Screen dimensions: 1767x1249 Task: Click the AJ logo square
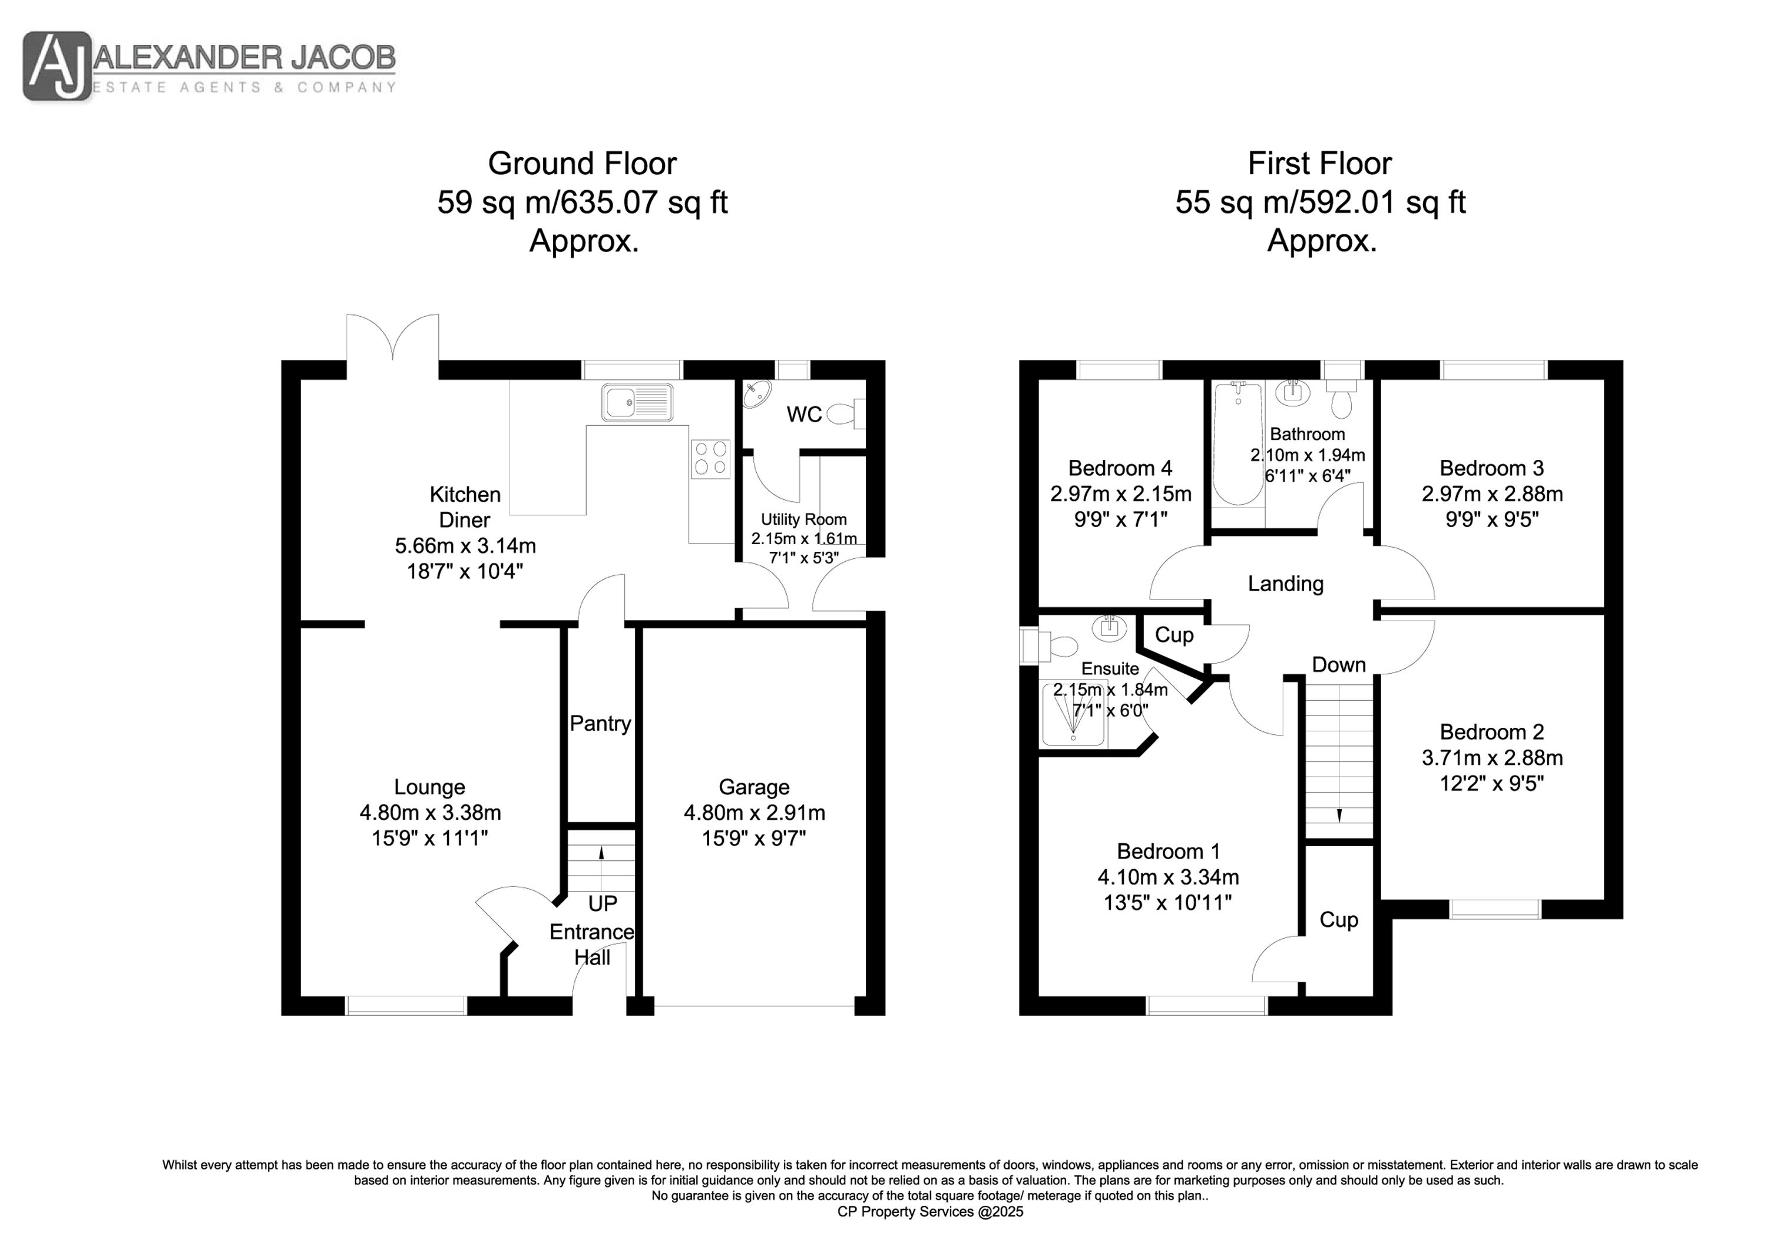(x=57, y=66)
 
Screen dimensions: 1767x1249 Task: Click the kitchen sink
(x=637, y=402)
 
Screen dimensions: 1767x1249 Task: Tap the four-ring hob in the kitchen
(x=711, y=458)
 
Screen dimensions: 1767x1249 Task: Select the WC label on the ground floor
(x=804, y=415)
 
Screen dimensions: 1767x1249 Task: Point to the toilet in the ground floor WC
(x=846, y=414)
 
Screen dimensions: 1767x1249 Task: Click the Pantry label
(x=600, y=723)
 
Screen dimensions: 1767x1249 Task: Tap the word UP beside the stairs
(x=603, y=903)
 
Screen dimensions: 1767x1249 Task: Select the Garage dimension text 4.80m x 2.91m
(x=754, y=813)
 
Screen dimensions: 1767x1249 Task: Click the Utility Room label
(x=803, y=519)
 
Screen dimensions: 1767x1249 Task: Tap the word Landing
(x=1286, y=584)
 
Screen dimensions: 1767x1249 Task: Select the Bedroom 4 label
(x=1120, y=468)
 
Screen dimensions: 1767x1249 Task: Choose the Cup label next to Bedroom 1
(x=1339, y=920)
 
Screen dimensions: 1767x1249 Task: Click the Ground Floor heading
(x=583, y=163)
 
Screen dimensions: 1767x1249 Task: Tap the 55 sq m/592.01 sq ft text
(x=1321, y=203)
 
